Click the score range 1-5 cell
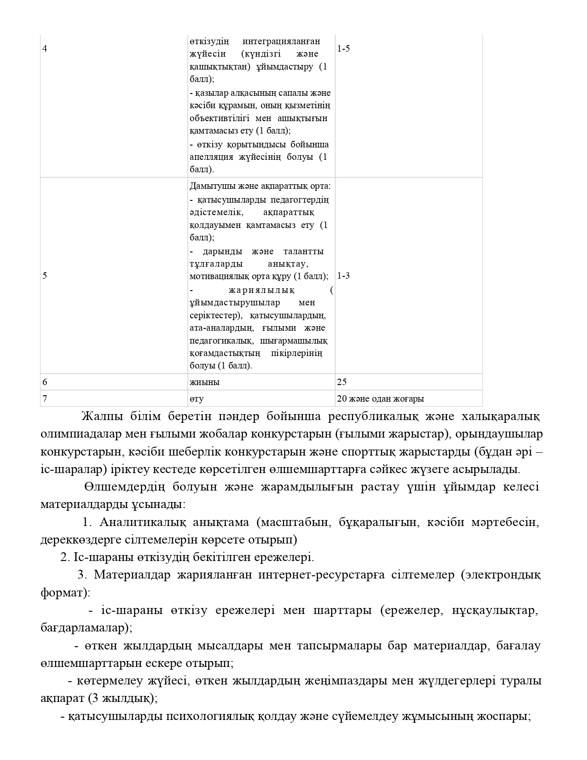[343, 48]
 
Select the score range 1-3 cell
[343, 276]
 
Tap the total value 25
[342, 382]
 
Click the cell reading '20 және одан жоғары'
[380, 399]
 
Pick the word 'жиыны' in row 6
[204, 382]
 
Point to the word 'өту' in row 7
[196, 399]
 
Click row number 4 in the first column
[44, 48]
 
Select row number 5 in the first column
[44, 276]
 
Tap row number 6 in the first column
[44, 382]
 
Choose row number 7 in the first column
[44, 399]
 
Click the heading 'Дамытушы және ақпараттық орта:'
[260, 187]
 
